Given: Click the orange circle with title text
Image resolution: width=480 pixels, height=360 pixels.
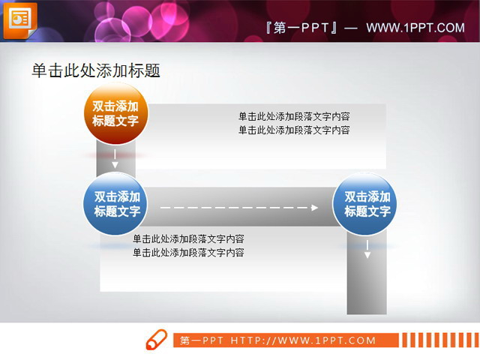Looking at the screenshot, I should click(115, 113).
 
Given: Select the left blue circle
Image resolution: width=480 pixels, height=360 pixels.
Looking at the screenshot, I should click(115, 203).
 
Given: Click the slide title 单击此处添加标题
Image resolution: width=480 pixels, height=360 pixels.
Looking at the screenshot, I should click(96, 70).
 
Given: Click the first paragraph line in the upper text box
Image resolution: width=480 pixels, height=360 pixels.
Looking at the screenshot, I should click(294, 116).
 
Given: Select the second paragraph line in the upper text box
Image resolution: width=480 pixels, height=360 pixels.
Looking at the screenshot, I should click(294, 130).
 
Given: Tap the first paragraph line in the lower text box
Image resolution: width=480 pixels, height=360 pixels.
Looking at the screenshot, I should click(188, 239).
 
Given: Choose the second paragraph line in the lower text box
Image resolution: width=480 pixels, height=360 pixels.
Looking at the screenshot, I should click(188, 253).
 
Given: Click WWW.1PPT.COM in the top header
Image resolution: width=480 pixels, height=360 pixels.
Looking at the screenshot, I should click(415, 28).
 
